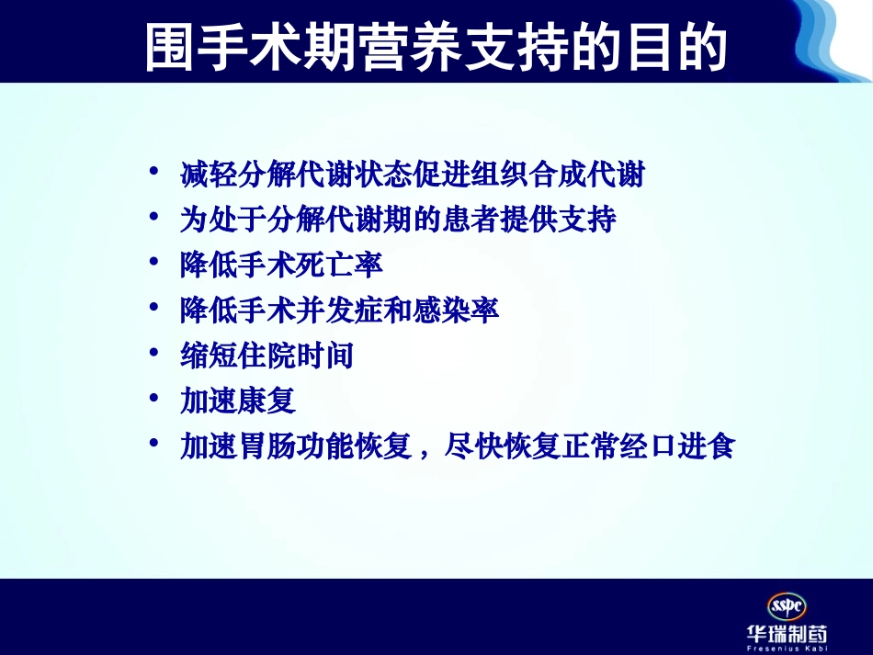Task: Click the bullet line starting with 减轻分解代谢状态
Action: point(412,175)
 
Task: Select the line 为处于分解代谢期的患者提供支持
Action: point(397,220)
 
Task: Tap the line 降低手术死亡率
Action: point(281,265)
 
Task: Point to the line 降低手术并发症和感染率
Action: point(339,311)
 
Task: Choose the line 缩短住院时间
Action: point(266,356)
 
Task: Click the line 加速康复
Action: point(237,401)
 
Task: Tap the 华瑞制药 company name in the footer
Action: point(787,635)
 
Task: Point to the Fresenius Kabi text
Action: point(787,649)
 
